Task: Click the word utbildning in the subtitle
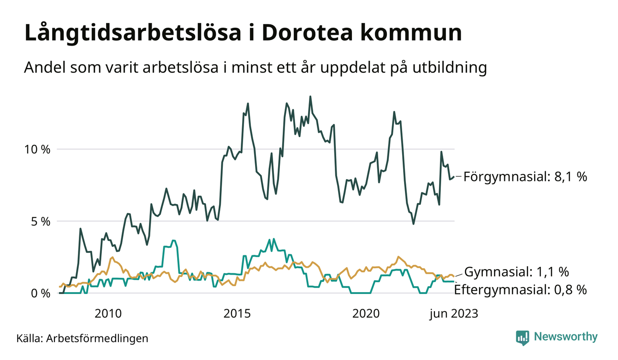tap(448, 68)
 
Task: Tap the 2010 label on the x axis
tap(108, 314)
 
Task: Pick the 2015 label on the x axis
tap(237, 314)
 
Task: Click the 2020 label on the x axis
tap(366, 314)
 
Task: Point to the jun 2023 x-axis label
tap(454, 314)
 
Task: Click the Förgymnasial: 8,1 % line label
tap(525, 177)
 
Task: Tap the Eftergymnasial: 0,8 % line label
tap(520, 290)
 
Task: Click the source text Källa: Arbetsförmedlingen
tap(82, 338)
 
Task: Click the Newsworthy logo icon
tap(522, 337)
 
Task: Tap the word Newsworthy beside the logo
tap(566, 337)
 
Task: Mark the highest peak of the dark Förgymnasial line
tap(310, 96)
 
